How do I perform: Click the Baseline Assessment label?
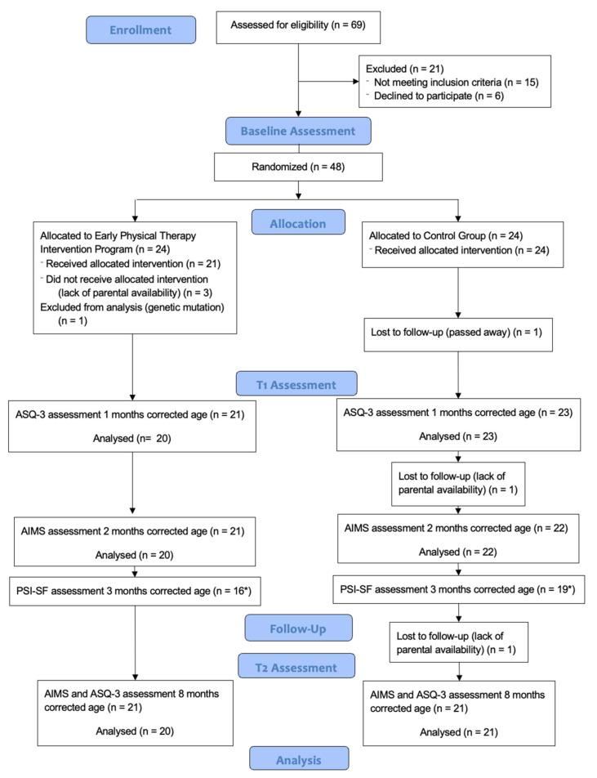[x=299, y=131]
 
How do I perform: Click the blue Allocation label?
[x=299, y=222]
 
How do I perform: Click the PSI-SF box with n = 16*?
[x=134, y=589]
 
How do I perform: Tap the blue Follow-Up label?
[x=299, y=628]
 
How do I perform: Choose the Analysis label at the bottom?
[x=299, y=759]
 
